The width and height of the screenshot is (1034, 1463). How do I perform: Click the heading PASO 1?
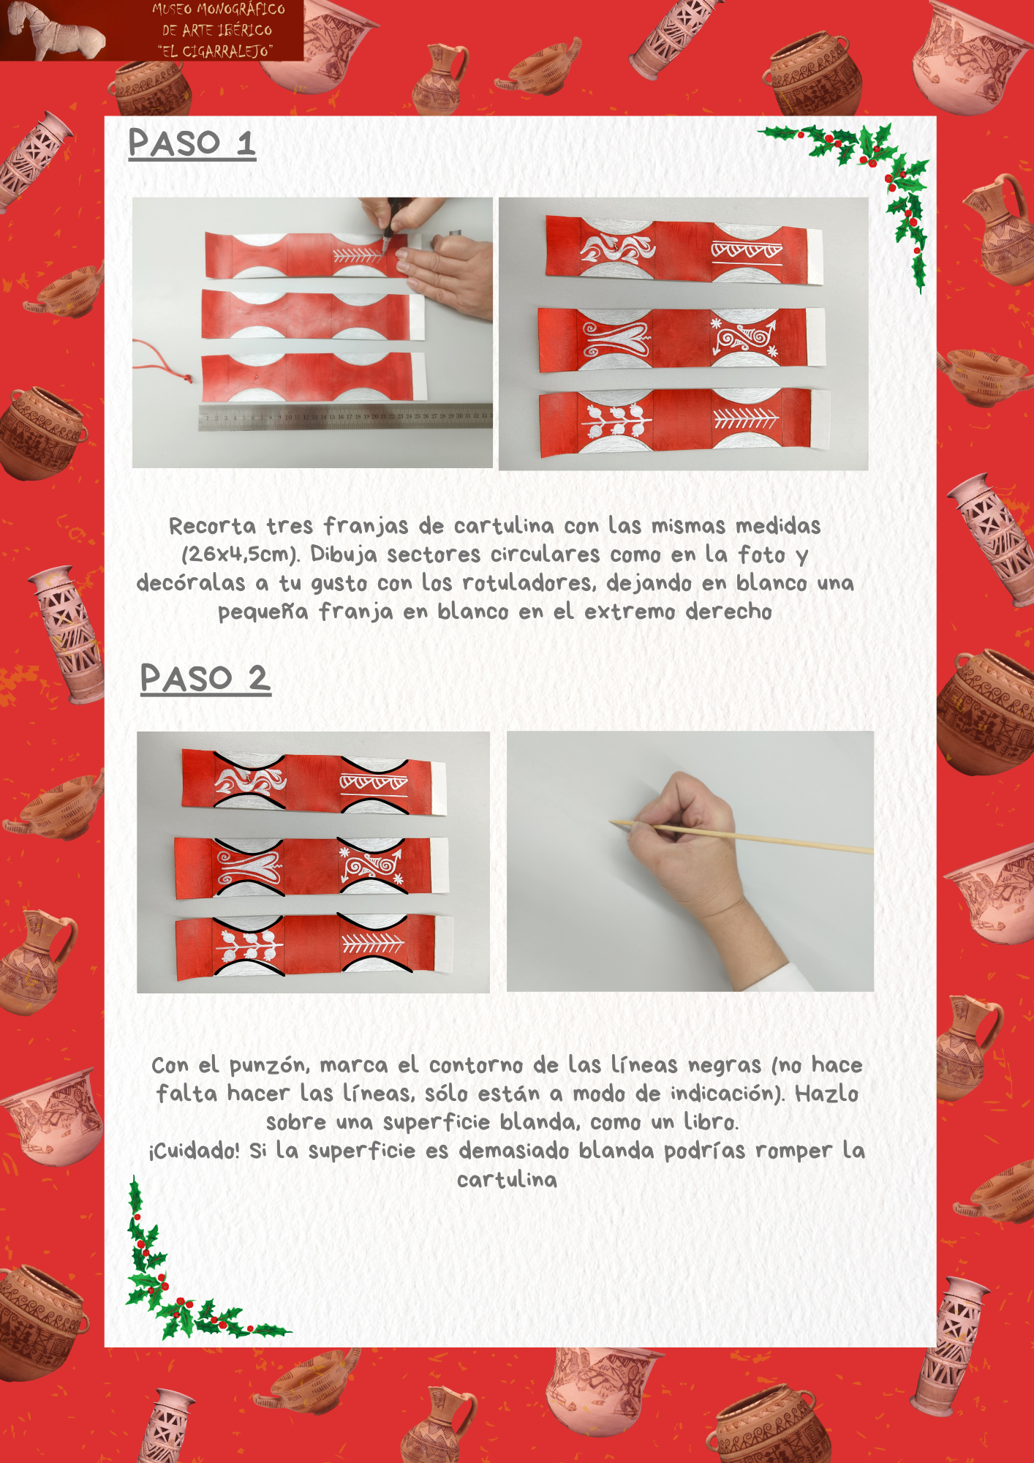192,143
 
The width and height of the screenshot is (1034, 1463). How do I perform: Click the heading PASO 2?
205,679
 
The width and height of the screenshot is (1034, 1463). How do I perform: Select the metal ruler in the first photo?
345,416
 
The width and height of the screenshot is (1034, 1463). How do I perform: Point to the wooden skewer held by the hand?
741,836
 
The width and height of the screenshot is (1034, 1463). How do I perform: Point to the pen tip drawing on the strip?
383,235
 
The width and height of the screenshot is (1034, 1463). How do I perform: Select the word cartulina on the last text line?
507,1179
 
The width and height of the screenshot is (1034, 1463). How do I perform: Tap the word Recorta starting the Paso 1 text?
213,526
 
